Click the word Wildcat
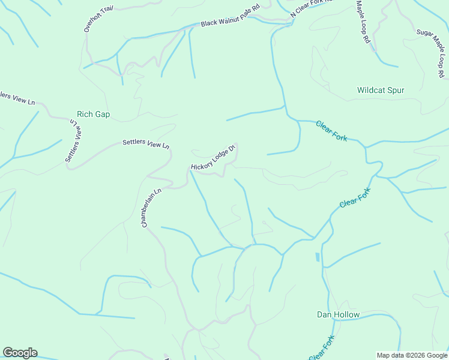coord(372,91)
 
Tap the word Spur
coord(396,91)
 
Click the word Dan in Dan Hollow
coord(324,315)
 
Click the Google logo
coord(20,353)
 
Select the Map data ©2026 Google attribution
coord(412,355)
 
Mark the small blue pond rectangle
coord(317,257)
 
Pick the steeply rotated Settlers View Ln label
coord(73,140)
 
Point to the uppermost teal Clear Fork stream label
coord(332,131)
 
